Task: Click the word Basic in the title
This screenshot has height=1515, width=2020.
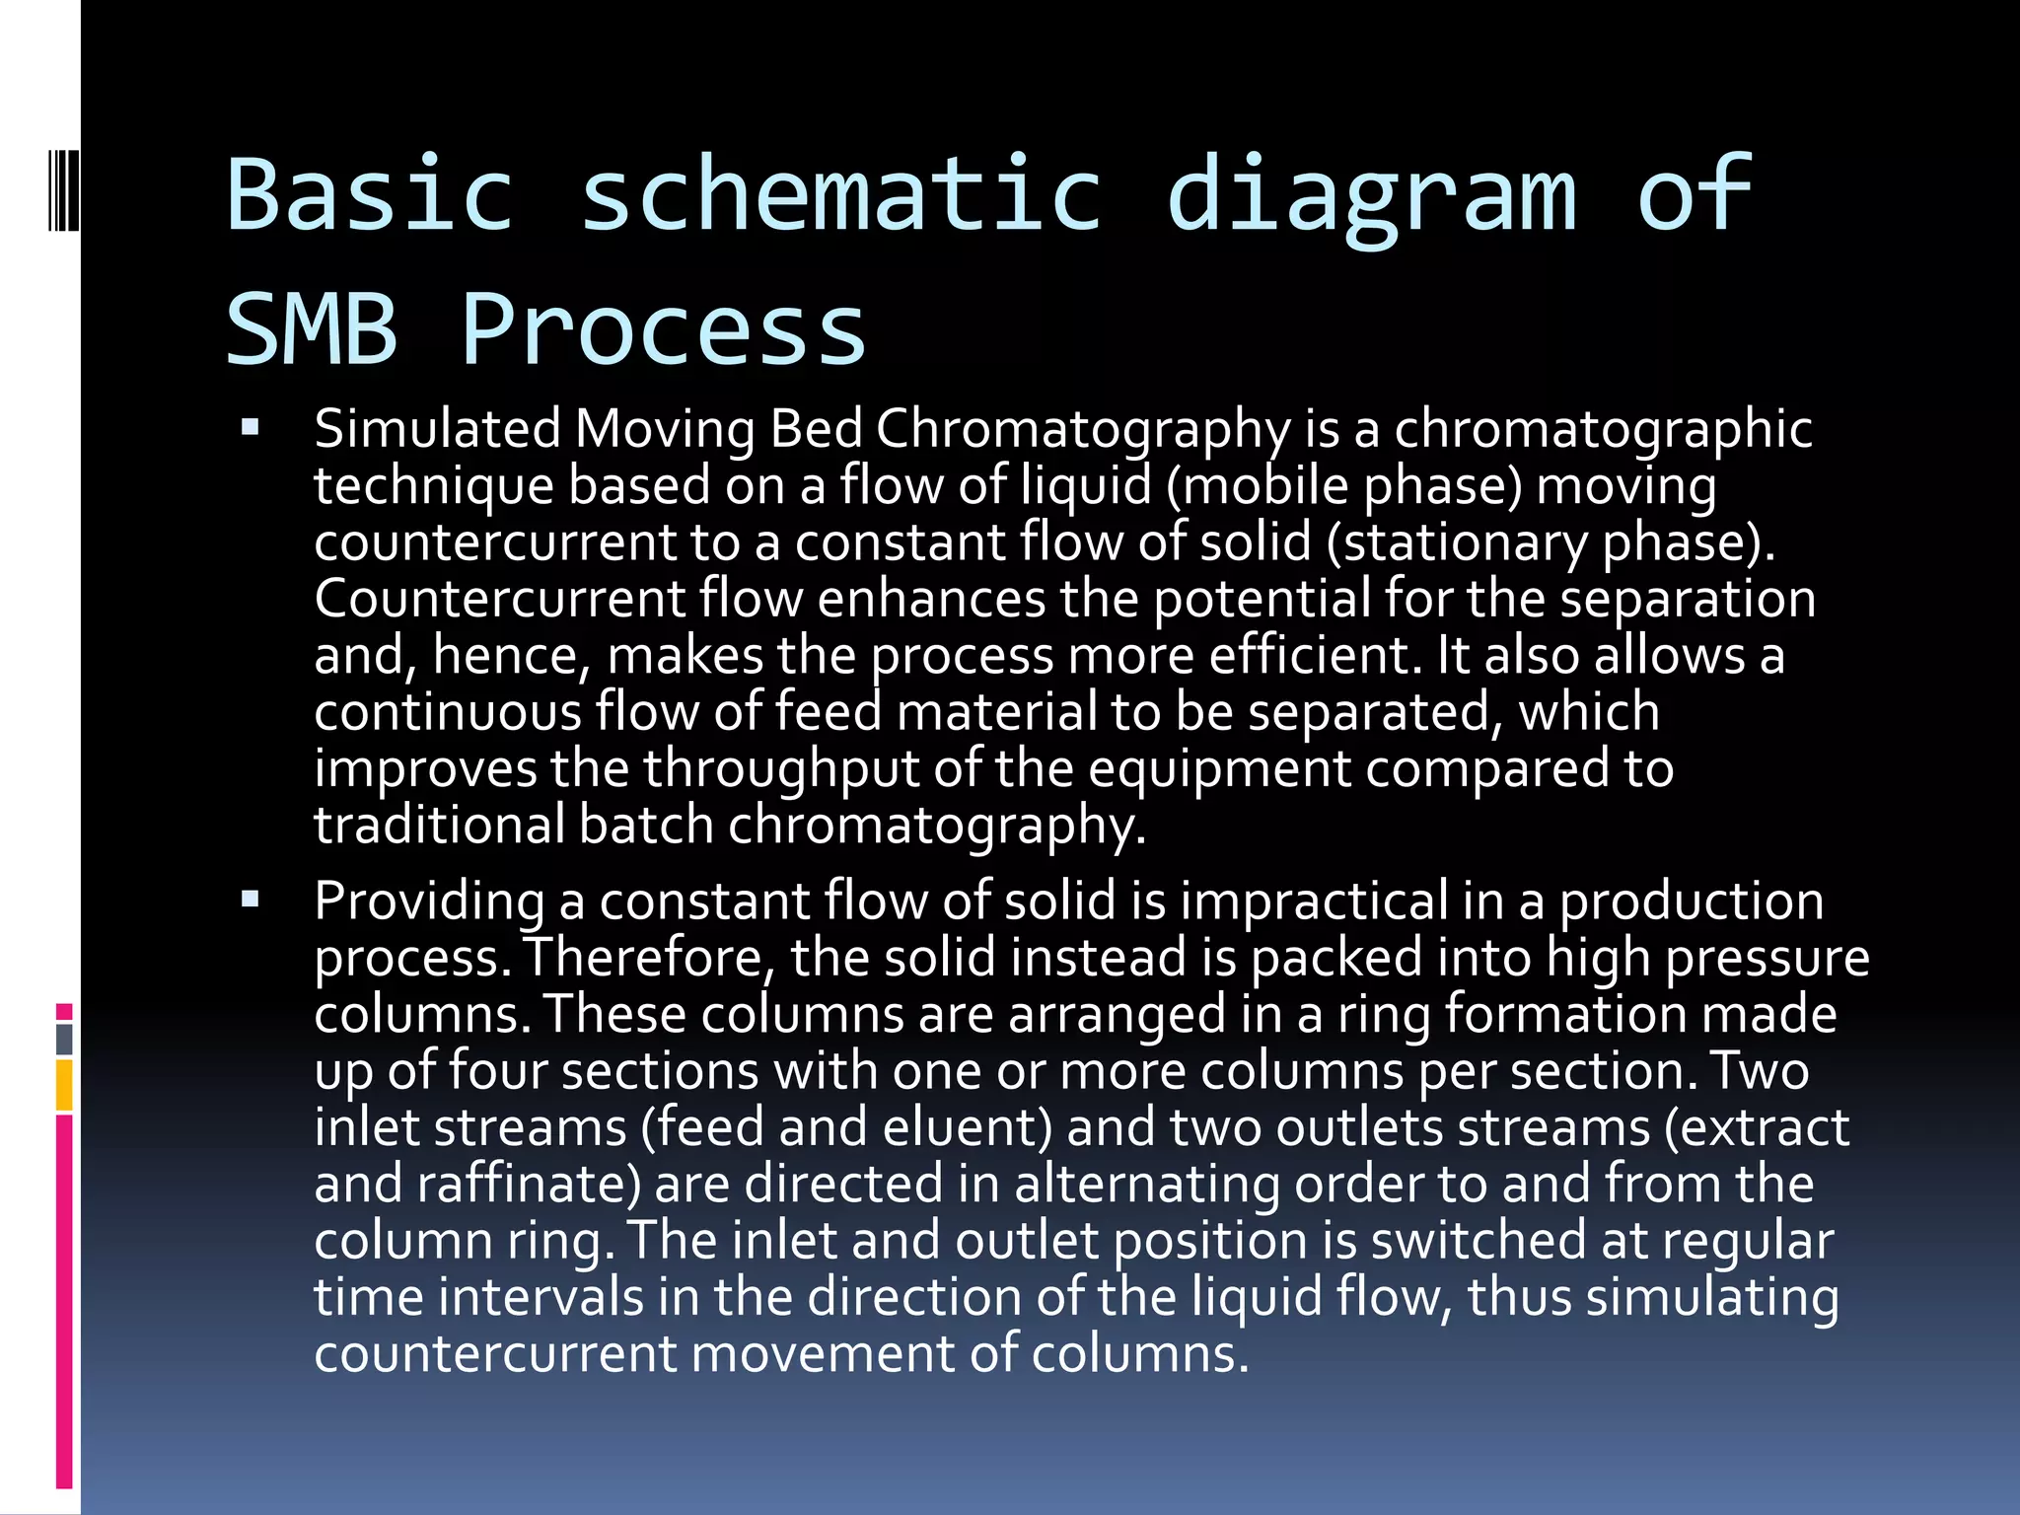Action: tap(371, 195)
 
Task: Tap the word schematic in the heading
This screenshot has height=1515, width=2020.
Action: tap(840, 195)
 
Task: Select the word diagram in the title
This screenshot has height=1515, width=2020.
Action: tap(1371, 195)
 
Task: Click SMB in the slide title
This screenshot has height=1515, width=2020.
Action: tap(312, 329)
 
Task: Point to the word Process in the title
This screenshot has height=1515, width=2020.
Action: tap(663, 329)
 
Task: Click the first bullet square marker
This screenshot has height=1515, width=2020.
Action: tap(250, 428)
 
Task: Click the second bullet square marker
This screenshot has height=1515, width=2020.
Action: tap(250, 899)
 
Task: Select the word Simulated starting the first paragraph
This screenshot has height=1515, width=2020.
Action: tap(437, 430)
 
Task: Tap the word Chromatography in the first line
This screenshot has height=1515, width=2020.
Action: tap(1082, 430)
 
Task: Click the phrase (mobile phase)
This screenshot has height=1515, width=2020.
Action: tap(1343, 486)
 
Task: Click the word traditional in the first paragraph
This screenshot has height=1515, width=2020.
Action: tap(439, 825)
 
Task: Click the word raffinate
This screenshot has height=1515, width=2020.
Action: tap(529, 1184)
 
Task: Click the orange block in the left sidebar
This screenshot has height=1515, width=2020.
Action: tap(64, 1084)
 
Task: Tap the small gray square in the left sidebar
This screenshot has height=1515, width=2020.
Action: tap(64, 1039)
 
